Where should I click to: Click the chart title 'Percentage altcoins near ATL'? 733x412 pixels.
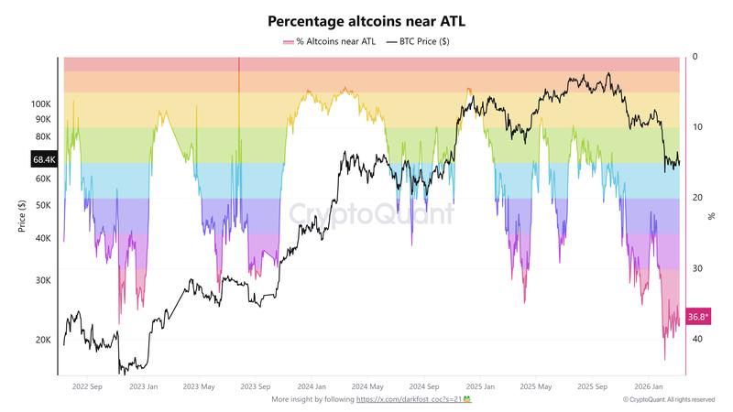366,19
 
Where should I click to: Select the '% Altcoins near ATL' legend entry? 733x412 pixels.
331,42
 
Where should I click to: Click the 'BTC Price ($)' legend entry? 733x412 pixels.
418,42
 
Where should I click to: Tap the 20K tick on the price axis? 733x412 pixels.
43,340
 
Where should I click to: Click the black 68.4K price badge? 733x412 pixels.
43,160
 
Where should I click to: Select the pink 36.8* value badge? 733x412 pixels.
698,317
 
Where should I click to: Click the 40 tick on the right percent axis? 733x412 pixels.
697,339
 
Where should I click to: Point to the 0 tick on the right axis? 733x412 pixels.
695,57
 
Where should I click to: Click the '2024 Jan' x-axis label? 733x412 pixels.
315,387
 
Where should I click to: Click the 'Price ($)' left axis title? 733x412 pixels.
21,215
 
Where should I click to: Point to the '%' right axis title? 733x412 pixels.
711,216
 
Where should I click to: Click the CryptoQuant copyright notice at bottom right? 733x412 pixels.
668,400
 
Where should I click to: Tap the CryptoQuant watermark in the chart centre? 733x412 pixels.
372,214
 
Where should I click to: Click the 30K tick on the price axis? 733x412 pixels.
43,280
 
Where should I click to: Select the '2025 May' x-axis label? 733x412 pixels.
535,387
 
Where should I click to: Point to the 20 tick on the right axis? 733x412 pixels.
697,198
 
